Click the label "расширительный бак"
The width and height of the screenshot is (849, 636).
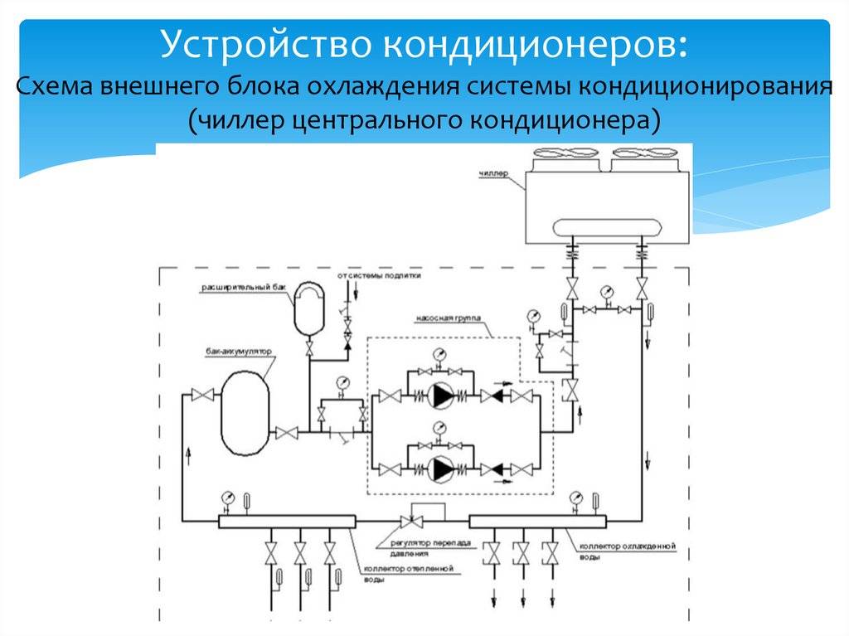click(x=238, y=288)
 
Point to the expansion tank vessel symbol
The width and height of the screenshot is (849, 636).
click(x=308, y=308)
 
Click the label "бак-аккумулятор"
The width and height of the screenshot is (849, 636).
click(x=239, y=352)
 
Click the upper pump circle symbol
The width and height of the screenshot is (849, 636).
click(x=442, y=397)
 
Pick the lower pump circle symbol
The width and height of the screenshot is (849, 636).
click(x=442, y=470)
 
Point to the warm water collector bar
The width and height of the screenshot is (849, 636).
click(x=287, y=521)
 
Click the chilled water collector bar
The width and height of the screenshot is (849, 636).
click(x=537, y=521)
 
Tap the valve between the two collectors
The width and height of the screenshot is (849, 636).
click(x=410, y=522)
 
